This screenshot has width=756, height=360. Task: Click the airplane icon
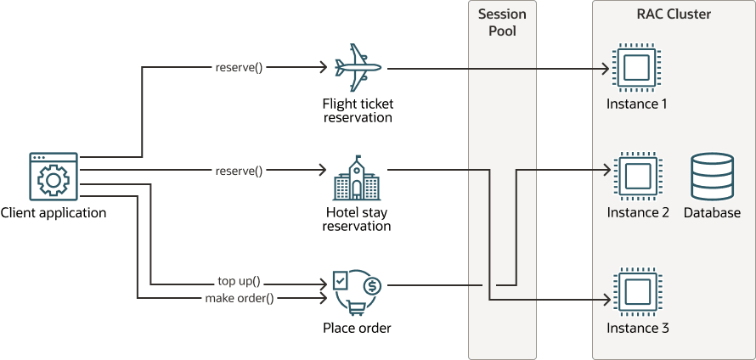coord(358,66)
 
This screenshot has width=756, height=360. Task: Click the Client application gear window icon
coord(54,178)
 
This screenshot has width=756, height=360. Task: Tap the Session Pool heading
coord(502,23)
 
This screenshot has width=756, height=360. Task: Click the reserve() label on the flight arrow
coord(239,66)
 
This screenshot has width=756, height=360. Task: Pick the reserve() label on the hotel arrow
coord(239,171)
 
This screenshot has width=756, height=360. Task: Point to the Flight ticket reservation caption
coord(358,110)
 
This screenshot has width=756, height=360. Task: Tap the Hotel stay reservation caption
coord(358,219)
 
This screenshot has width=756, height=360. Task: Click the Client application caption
coord(54,213)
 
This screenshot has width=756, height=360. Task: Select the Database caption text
coord(712,213)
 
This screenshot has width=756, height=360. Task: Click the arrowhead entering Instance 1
coord(606,66)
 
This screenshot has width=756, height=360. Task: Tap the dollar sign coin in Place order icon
coord(371,285)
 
